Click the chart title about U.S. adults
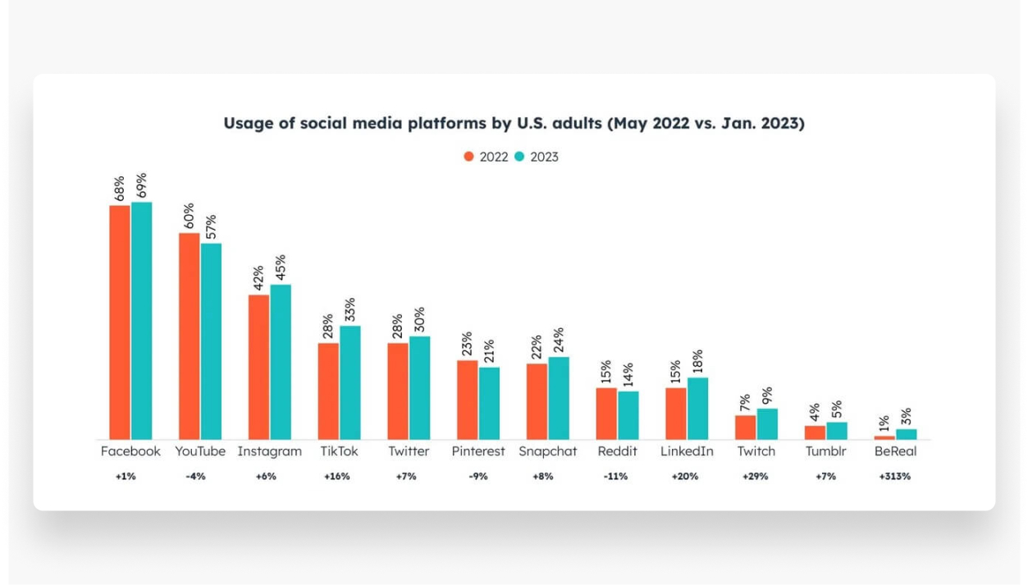(514, 123)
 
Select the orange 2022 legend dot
(469, 157)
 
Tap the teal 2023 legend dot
(519, 157)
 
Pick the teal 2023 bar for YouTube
(211, 340)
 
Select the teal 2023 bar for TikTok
(350, 382)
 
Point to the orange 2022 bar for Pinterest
(468, 400)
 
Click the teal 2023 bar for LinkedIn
(698, 408)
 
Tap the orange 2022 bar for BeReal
(884, 437)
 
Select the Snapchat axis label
(547, 451)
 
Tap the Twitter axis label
(409, 451)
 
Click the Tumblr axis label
(825, 451)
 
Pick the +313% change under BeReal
(894, 477)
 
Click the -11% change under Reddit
(616, 477)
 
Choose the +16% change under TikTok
(336, 477)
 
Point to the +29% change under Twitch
(755, 477)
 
